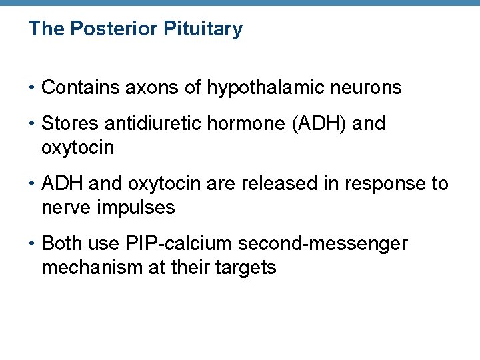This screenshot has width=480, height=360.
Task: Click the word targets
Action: [243, 267]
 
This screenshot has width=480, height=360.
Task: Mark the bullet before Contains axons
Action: [33, 87]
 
